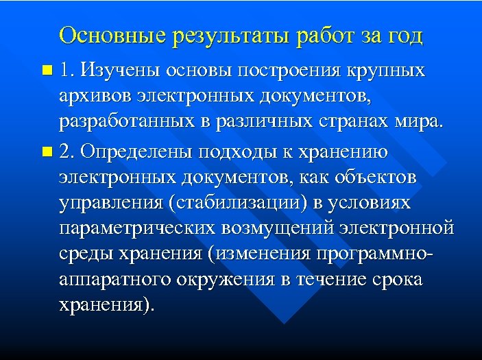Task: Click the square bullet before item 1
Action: [x=46, y=71]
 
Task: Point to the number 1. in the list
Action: [x=67, y=70]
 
